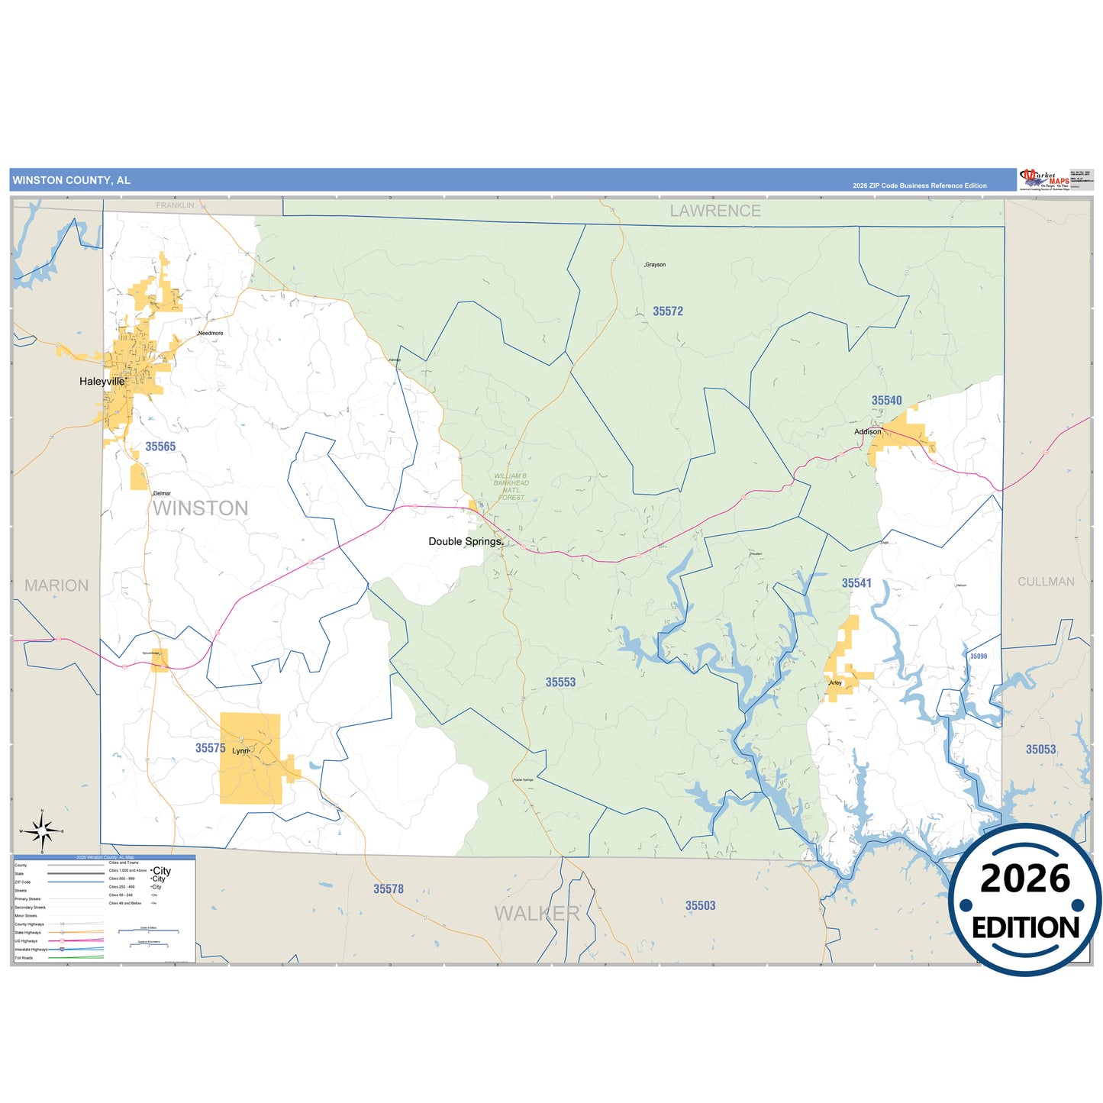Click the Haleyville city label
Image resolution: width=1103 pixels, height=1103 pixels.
[x=102, y=381]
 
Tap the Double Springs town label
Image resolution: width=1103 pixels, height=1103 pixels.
[x=465, y=541]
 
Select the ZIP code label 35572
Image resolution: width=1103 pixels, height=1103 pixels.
[x=668, y=311]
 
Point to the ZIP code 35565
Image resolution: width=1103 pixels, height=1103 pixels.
[x=160, y=447]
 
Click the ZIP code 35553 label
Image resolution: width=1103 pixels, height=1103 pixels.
[x=560, y=682]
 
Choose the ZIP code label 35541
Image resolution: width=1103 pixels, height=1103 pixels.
[x=856, y=583]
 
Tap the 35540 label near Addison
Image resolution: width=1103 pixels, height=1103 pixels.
[x=886, y=401]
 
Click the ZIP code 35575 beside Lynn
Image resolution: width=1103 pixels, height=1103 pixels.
[x=210, y=748]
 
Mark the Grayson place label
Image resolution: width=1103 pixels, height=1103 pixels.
[x=655, y=265]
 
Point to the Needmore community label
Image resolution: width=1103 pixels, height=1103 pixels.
[x=211, y=334]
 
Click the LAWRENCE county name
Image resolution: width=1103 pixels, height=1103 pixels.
[x=715, y=211]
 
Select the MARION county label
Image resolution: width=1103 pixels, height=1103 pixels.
[x=56, y=585]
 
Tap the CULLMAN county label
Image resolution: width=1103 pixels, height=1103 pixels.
[x=1046, y=582]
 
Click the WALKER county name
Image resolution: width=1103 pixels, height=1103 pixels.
[x=537, y=913]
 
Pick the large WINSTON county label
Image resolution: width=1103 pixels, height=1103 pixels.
[x=200, y=508]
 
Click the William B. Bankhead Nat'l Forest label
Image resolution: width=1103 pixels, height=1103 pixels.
[x=511, y=486]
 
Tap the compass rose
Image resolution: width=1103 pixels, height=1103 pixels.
[x=43, y=830]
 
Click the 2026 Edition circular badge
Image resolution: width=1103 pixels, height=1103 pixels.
[x=1025, y=900]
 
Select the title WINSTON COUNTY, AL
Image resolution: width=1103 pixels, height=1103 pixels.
[x=72, y=180]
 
